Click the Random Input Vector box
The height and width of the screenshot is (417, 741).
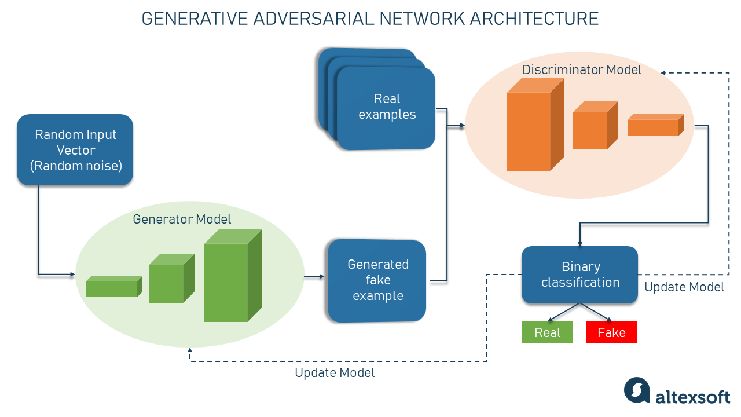click(75, 150)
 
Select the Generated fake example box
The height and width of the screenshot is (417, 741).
click(377, 280)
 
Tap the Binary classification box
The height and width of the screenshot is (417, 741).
click(580, 275)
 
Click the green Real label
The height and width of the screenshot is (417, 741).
click(547, 332)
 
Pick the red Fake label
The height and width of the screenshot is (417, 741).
click(611, 332)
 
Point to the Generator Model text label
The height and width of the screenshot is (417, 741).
click(182, 220)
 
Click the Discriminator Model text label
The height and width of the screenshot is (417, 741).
click(582, 70)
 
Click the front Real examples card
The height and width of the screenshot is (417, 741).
click(386, 108)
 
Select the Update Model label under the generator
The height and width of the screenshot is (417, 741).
click(335, 373)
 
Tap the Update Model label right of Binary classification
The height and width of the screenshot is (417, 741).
click(684, 287)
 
